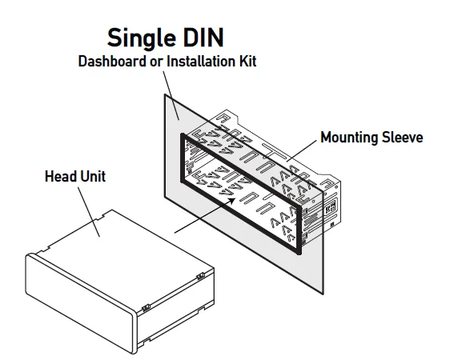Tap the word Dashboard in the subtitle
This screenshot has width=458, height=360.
(x=112, y=62)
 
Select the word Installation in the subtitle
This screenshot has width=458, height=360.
(x=201, y=62)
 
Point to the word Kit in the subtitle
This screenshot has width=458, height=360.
(x=248, y=62)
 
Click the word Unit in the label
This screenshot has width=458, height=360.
(x=93, y=176)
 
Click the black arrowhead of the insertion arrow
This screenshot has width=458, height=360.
(x=231, y=201)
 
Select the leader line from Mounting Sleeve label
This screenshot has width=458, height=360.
(x=301, y=150)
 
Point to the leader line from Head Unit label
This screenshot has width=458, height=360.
(x=89, y=212)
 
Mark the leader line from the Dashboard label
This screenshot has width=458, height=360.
(x=171, y=95)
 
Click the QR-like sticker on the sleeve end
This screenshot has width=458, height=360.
(x=331, y=207)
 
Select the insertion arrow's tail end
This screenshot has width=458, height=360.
(x=175, y=233)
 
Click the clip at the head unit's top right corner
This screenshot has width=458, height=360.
(x=201, y=276)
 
